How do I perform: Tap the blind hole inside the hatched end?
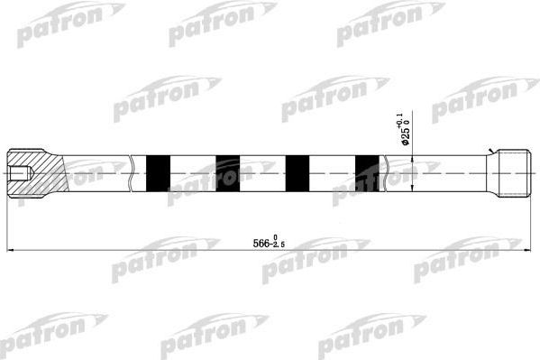[x=18, y=171]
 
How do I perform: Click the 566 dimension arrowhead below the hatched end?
[x=11, y=250]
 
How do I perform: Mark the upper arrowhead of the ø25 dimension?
[x=413, y=160]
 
